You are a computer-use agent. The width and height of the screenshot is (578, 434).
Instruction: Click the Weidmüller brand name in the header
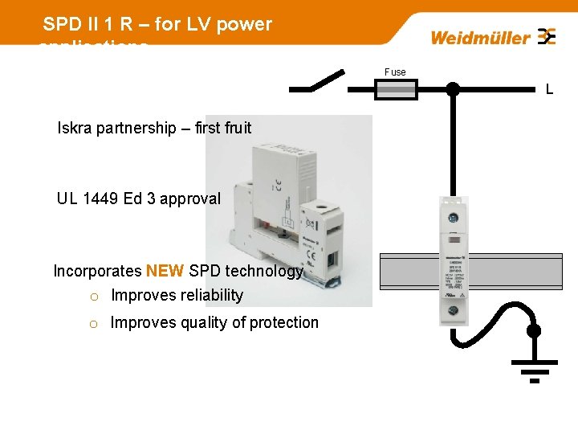pyautogui.click(x=480, y=38)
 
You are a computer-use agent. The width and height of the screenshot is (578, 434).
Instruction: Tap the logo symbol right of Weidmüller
pyautogui.click(x=547, y=37)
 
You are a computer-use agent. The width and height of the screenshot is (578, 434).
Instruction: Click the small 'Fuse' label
pyautogui.click(x=395, y=72)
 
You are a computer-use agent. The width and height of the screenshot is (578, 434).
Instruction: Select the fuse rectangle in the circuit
pyautogui.click(x=397, y=90)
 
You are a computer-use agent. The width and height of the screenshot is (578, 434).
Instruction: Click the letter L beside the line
pyautogui.click(x=549, y=90)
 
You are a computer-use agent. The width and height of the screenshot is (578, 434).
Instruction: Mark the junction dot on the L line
pyautogui.click(x=453, y=89)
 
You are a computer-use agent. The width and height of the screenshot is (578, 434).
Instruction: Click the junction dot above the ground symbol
pyautogui.click(x=533, y=330)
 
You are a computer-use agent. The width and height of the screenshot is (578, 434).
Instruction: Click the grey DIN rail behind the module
pyautogui.click(x=514, y=271)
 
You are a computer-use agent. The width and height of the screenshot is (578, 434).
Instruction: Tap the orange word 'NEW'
pyautogui.click(x=165, y=271)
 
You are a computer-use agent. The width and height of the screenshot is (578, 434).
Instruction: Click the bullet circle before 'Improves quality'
pyautogui.click(x=93, y=324)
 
